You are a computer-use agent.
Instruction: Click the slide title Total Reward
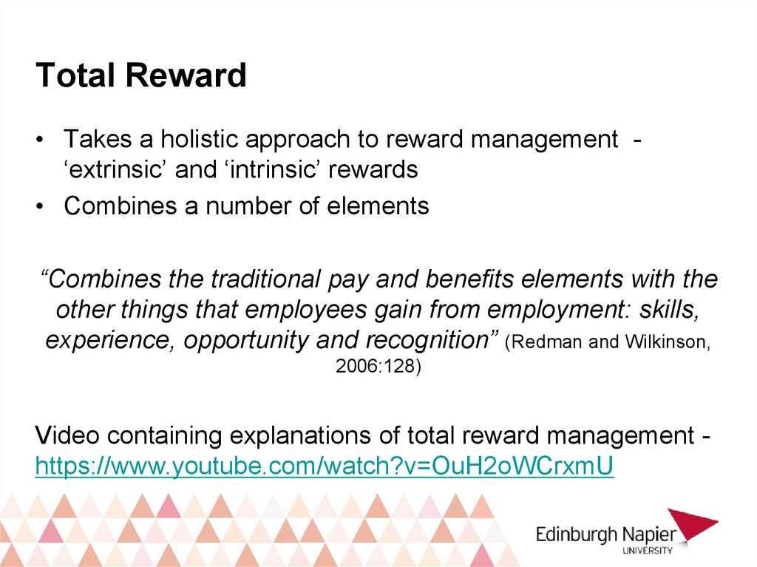pyautogui.click(x=141, y=75)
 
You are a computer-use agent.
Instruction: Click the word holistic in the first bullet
pyautogui.click(x=200, y=139)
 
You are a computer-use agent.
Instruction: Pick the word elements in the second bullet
pyautogui.click(x=378, y=206)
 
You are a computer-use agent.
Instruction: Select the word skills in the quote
pyautogui.click(x=669, y=310)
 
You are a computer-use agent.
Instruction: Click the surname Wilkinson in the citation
pyautogui.click(x=668, y=342)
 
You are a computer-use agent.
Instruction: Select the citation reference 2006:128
pyautogui.click(x=375, y=366)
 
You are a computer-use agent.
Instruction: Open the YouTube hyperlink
pyautogui.click(x=325, y=466)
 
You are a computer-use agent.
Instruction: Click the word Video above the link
pyautogui.click(x=67, y=435)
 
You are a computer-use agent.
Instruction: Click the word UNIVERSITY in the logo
pyautogui.click(x=647, y=551)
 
